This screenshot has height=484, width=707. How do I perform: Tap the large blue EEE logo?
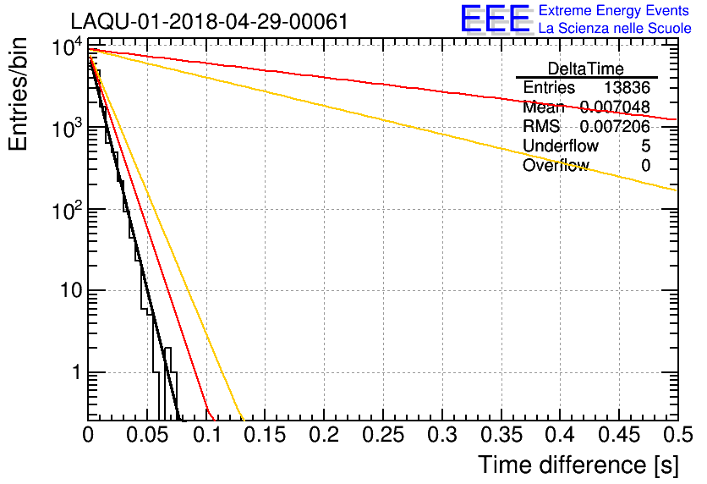[495, 19]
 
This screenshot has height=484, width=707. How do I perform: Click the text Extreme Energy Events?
[614, 11]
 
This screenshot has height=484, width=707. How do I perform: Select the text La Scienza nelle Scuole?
[614, 29]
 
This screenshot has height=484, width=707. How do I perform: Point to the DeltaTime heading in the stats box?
[586, 69]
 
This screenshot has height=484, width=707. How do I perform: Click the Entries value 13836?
[627, 88]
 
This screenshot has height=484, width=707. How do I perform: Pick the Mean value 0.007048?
[614, 107]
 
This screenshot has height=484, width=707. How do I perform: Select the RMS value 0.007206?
[614, 127]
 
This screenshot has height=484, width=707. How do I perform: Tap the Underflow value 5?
[645, 146]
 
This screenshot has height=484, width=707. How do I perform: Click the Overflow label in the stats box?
[555, 166]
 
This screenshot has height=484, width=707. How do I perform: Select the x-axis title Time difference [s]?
[578, 465]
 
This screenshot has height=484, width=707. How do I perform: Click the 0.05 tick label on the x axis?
[147, 435]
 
